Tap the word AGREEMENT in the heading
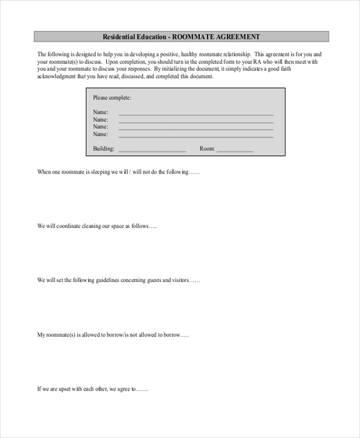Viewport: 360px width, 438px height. [x=238, y=37]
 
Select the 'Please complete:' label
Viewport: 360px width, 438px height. [x=112, y=98]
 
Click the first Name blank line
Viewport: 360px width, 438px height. [x=196, y=113]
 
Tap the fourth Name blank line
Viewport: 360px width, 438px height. [x=196, y=136]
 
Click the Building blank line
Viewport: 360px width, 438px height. [x=152, y=150]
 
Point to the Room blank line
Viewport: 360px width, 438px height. [x=235, y=150]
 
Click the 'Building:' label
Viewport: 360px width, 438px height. [x=104, y=148]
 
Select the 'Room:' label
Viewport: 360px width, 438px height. [x=207, y=148]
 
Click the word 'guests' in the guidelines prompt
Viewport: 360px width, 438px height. [x=160, y=280]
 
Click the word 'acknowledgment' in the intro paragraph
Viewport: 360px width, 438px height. [x=56, y=77]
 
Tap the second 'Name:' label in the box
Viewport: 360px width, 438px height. [x=101, y=119]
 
